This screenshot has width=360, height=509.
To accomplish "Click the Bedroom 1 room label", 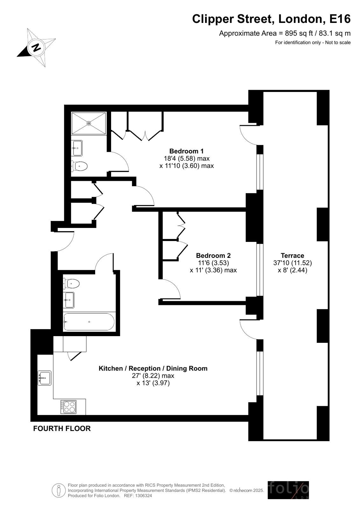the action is pos(186,151).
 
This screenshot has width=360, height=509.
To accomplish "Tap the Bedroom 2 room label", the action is pos(213,255).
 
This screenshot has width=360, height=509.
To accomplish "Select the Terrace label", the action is pos(292,255).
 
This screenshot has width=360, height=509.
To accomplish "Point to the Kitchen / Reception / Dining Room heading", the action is pos(153,368).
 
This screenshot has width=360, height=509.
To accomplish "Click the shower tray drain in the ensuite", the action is pos(88,123).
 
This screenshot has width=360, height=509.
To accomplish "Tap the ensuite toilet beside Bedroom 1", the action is pos(79,166).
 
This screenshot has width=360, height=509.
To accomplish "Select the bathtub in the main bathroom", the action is pos(89,322).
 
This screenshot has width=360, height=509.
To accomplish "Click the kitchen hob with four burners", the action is pos(68,407).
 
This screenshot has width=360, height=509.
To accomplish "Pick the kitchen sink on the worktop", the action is pos(45,378).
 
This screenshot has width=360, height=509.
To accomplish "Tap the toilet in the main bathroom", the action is pos(71,283).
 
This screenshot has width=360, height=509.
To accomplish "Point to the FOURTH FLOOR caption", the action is pos(62,428).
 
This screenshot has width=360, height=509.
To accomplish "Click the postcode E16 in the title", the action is pos(340,19).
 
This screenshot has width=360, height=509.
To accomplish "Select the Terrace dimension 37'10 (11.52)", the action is pos(292,263).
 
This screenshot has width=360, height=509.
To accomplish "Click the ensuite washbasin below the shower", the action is pos(77,148).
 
